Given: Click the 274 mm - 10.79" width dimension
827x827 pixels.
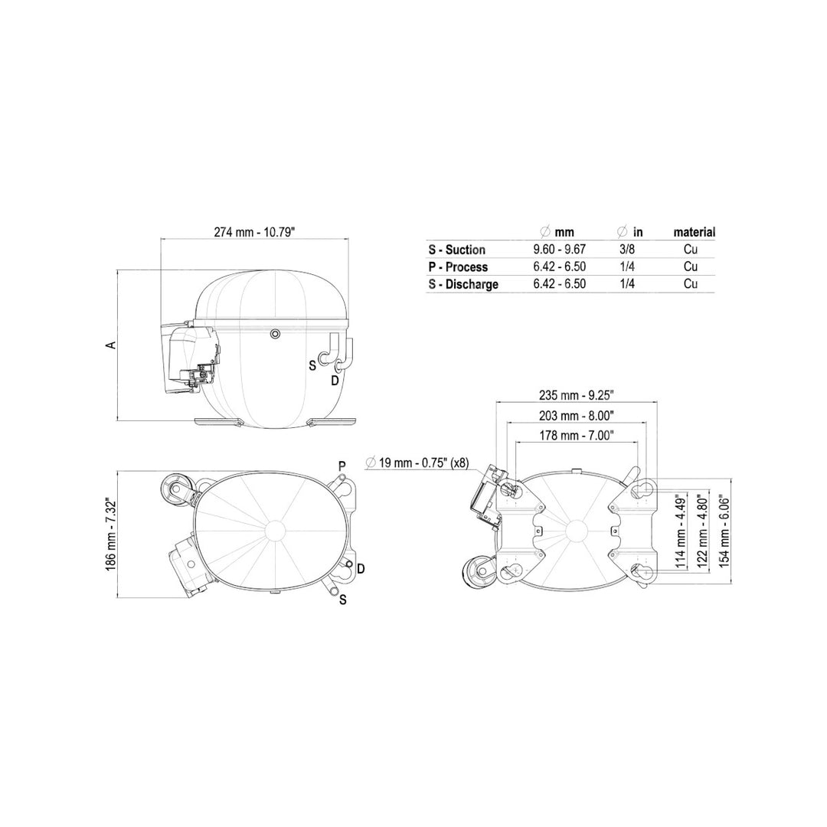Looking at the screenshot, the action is [x=254, y=232].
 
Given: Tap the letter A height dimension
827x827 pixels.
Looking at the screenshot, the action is [x=111, y=345].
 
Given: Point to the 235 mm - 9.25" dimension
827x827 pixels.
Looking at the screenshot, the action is [x=577, y=395].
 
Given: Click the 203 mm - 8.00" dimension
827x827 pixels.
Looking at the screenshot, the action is [x=577, y=416].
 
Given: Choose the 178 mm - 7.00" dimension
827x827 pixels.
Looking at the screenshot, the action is [x=577, y=436].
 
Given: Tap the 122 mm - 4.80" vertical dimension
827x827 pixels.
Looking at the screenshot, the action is [x=702, y=531].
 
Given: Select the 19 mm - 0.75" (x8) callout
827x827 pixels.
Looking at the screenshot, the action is [x=417, y=463].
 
